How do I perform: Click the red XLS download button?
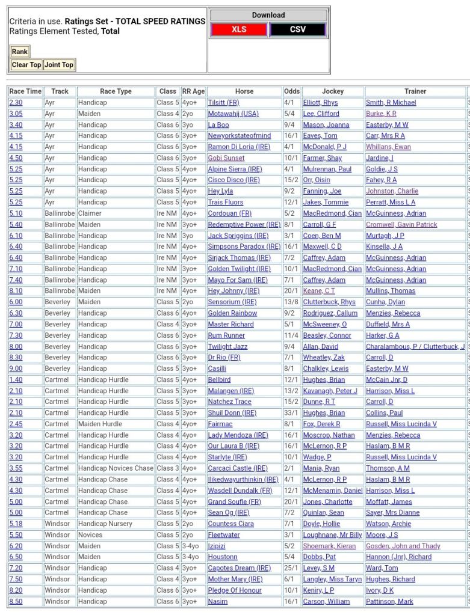click(x=239, y=29)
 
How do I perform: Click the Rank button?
click(x=19, y=52)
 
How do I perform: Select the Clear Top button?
click(x=26, y=65)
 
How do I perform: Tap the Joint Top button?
click(x=59, y=65)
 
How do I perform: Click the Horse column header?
click(x=244, y=91)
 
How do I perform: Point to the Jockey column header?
click(x=333, y=91)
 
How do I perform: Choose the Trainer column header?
click(x=415, y=91)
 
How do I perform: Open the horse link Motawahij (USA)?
click(x=233, y=114)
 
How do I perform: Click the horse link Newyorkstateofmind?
click(x=239, y=136)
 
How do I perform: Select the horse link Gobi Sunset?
click(x=226, y=158)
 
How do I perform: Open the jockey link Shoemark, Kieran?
click(x=330, y=546)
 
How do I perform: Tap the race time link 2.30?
click(x=16, y=103)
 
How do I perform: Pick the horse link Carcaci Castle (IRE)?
click(x=237, y=468)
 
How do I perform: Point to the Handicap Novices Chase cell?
click(x=116, y=468)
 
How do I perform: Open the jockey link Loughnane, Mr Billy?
click(x=332, y=535)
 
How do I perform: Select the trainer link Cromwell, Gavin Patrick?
click(x=401, y=225)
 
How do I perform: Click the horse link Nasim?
click(x=218, y=601)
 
